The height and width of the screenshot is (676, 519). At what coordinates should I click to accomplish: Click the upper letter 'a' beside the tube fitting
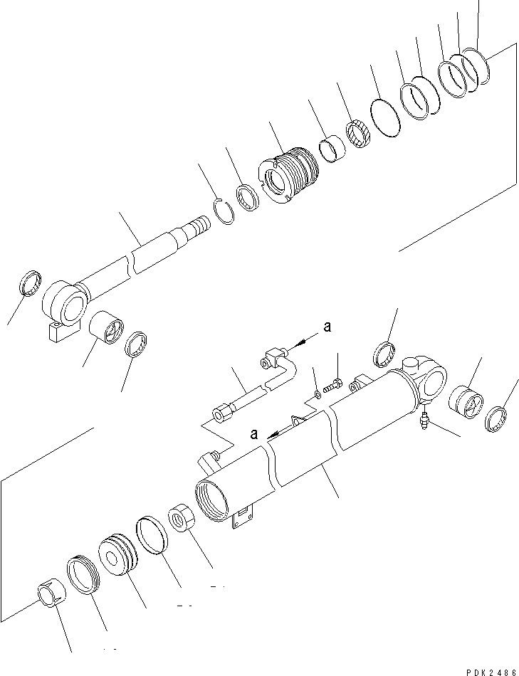coord(327,327)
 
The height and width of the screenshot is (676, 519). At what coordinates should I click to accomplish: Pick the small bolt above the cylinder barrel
coord(334,387)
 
